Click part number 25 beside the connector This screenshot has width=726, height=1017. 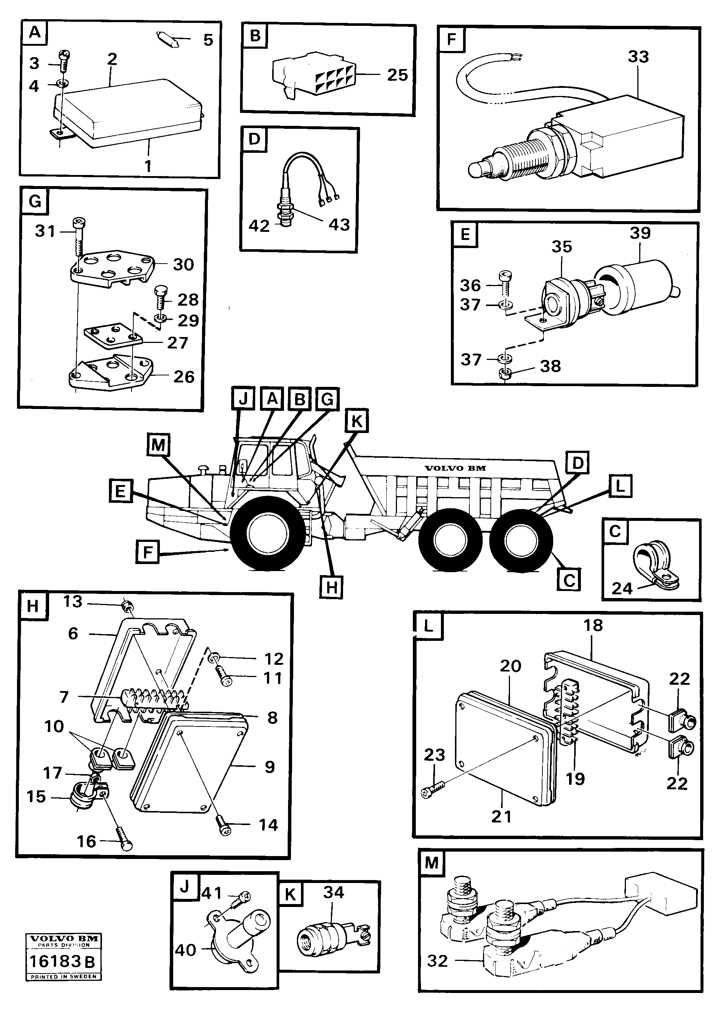[x=397, y=75]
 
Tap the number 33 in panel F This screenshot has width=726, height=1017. [x=638, y=57]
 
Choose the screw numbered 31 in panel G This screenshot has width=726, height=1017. [x=79, y=241]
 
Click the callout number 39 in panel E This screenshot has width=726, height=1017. [x=640, y=233]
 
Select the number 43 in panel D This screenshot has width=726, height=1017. [x=339, y=225]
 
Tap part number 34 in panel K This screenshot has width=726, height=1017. [x=333, y=892]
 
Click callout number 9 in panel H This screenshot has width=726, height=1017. [x=270, y=767]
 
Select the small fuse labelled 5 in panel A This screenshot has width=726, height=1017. [x=168, y=39]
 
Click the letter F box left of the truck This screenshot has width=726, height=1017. [x=147, y=553]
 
